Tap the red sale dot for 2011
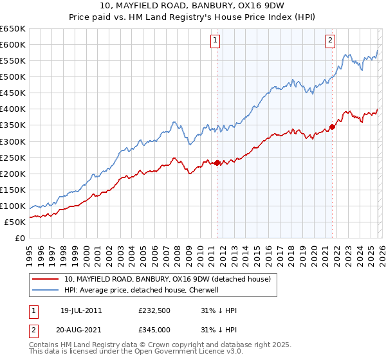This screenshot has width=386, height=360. point(217,163)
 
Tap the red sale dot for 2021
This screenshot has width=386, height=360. point(332,127)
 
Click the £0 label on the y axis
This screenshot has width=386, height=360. point(19,238)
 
